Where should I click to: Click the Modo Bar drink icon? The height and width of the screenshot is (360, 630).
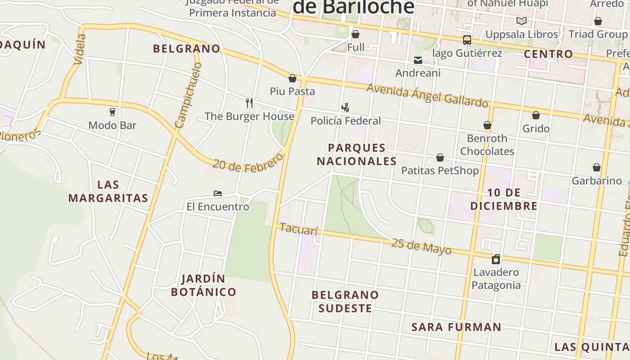point(112,112)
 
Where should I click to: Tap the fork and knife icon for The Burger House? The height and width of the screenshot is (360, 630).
point(249,103)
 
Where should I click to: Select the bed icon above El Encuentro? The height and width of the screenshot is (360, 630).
point(218,193)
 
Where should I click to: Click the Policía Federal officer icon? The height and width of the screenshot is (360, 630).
point(345,108)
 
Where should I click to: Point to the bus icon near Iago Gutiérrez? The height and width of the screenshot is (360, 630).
point(467,40)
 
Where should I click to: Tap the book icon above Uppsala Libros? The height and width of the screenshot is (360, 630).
point(521,21)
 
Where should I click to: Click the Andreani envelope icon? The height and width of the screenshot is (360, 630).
point(418,60)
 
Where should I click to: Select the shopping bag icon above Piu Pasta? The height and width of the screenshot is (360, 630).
point(292,78)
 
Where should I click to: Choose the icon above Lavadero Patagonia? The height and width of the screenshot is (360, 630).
point(495,259)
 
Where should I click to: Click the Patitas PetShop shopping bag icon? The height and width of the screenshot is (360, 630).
point(440,157)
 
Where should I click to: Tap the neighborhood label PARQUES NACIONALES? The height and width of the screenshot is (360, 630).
point(356,154)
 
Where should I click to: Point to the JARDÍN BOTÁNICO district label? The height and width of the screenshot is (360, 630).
point(203,285)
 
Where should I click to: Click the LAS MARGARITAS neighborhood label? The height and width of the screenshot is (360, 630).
point(108,191)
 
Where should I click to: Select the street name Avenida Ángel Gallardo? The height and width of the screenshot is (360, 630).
point(427,95)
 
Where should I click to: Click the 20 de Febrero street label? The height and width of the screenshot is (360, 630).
point(248,163)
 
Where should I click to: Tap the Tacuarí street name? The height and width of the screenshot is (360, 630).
point(298,229)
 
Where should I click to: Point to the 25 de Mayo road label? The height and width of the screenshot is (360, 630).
point(421,246)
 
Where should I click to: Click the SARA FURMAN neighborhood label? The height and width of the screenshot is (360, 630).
point(456,327)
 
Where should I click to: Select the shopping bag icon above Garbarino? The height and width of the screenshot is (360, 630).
point(596,168)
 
